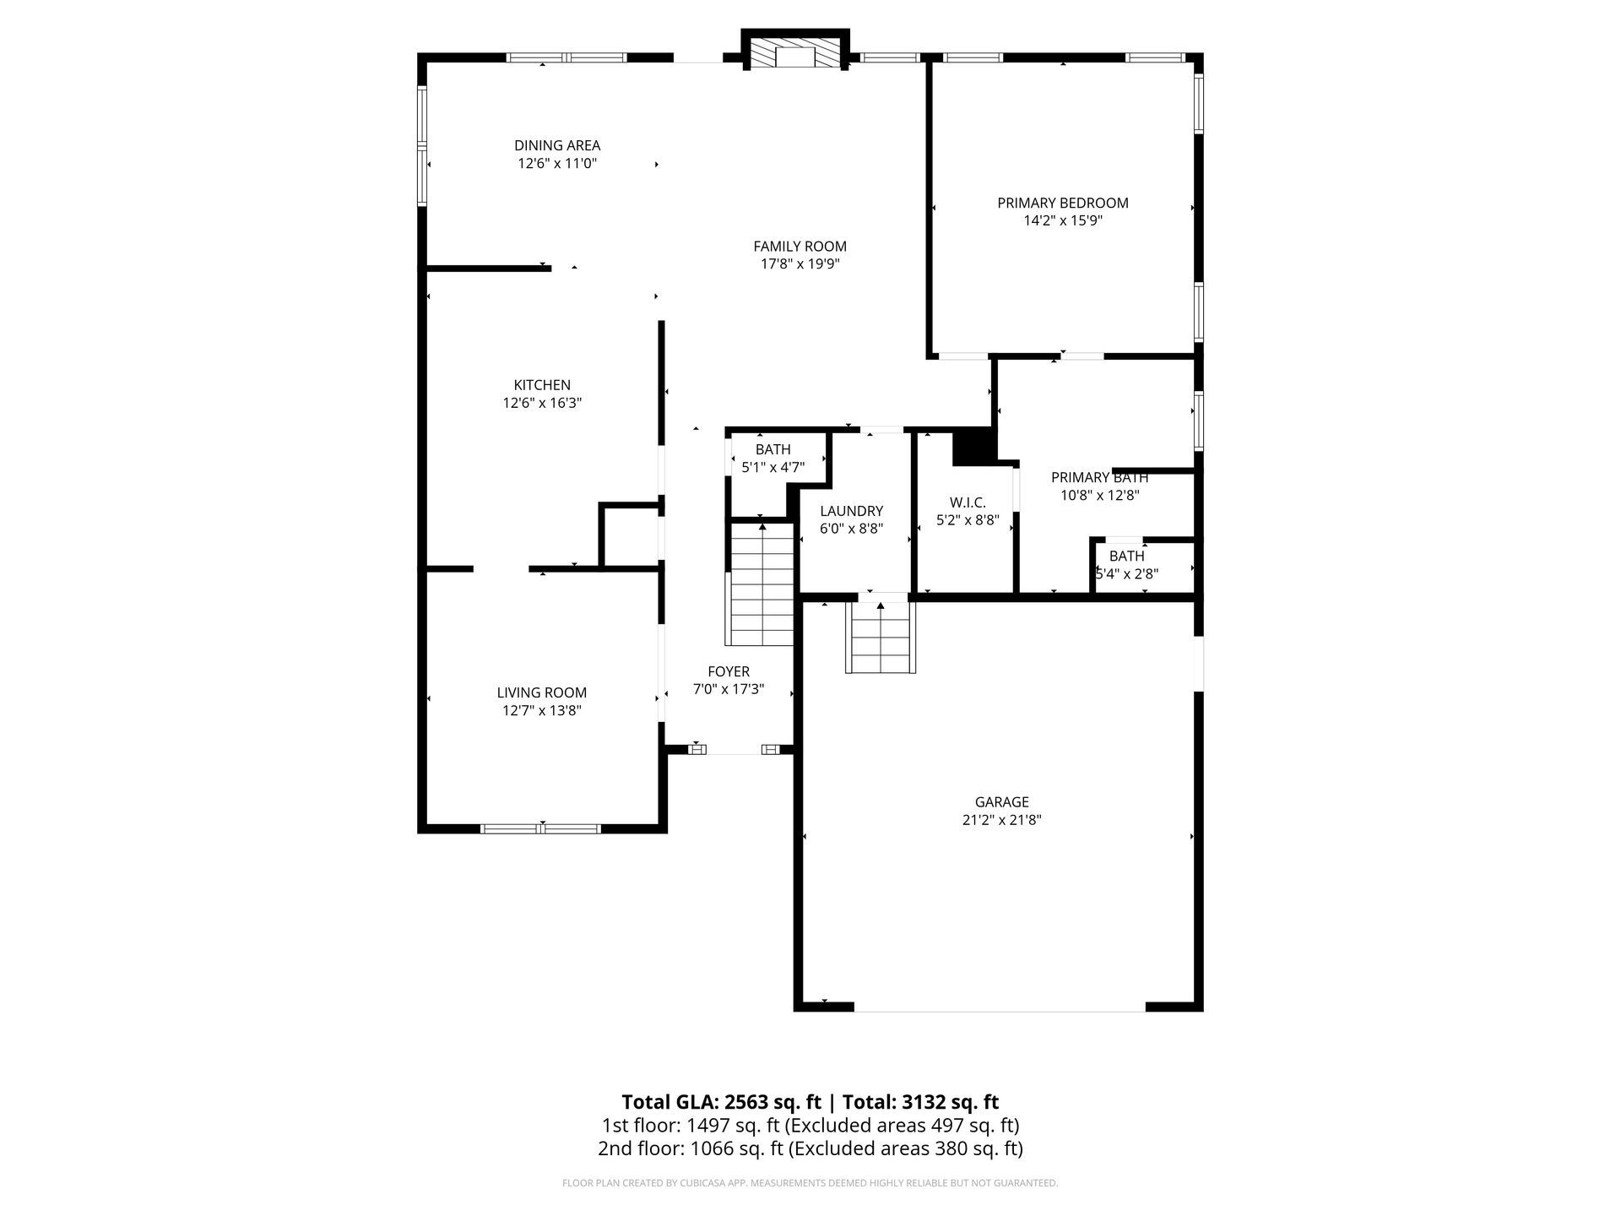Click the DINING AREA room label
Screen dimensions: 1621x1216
[557, 146]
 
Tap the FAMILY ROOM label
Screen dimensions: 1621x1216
[800, 247]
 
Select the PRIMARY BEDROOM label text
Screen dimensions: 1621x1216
[1063, 203]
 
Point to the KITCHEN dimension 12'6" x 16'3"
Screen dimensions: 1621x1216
[542, 403]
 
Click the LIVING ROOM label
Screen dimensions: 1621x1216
[542, 692]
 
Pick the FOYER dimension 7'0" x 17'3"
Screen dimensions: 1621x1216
[729, 689]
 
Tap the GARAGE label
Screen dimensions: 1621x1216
[1002, 802]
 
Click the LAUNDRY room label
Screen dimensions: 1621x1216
[851, 511]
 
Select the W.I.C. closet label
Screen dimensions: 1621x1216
[968, 502]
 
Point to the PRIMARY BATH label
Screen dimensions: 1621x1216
[1099, 478]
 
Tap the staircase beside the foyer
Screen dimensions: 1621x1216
[762, 584]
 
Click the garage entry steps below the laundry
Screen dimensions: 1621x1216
[881, 637]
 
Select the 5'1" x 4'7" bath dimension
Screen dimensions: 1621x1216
[773, 467]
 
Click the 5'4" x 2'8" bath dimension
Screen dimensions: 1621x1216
[1127, 573]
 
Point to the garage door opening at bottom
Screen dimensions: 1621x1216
[1000, 1007]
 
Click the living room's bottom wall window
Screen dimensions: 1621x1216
[541, 828]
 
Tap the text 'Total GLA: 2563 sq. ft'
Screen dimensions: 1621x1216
[721, 1102]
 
